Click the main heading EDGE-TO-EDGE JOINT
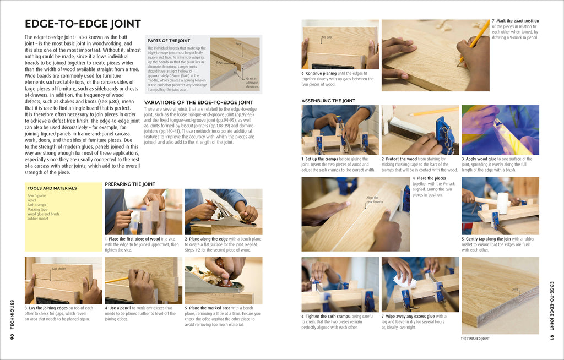tap(83, 24)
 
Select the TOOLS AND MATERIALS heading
tap(52, 188)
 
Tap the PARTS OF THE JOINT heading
tap(169, 41)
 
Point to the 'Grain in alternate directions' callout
tap(252, 83)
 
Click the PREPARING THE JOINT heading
tap(130, 184)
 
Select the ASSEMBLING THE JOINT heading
tap(328, 101)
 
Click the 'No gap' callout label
tap(327, 37)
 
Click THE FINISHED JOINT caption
tap(475, 339)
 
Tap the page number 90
tap(12, 336)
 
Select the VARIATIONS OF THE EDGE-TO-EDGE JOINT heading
tap(198, 102)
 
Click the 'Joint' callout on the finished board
tap(515, 289)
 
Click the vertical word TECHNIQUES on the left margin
tap(12, 314)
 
